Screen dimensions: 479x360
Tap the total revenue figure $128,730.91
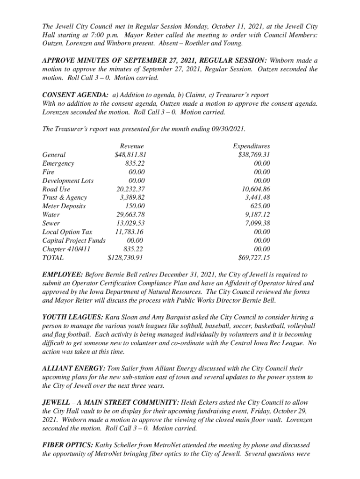click(x=125, y=257)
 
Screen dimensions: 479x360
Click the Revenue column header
click(x=132, y=146)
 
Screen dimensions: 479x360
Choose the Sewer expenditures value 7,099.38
click(x=258, y=223)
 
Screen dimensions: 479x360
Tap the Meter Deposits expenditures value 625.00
click(x=260, y=206)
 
